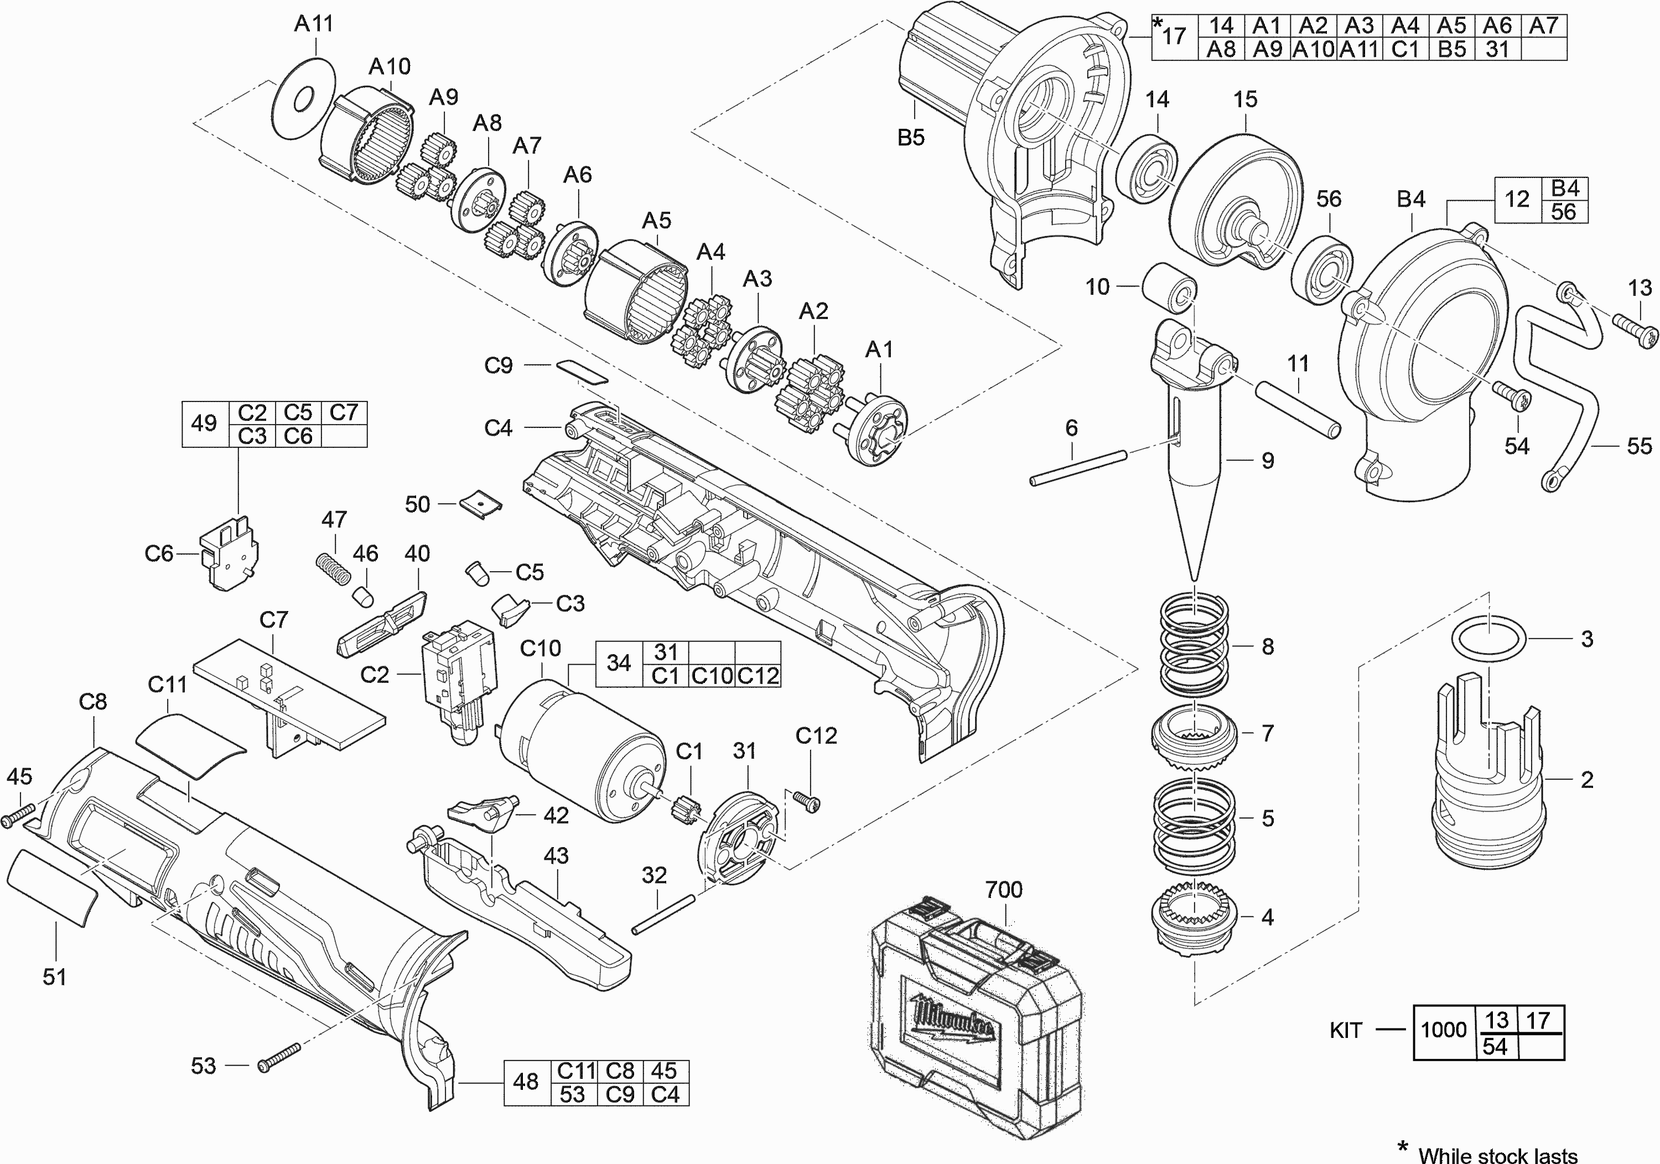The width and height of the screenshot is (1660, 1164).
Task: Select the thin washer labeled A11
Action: (x=304, y=98)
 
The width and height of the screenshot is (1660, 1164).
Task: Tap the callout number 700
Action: (x=1004, y=889)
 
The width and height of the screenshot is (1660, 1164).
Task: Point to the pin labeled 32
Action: (x=663, y=914)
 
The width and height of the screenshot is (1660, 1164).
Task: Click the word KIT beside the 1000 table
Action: (x=1346, y=1030)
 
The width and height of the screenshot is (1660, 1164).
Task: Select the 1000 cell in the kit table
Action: (x=1444, y=1030)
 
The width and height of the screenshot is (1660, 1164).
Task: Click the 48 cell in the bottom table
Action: (x=526, y=1082)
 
